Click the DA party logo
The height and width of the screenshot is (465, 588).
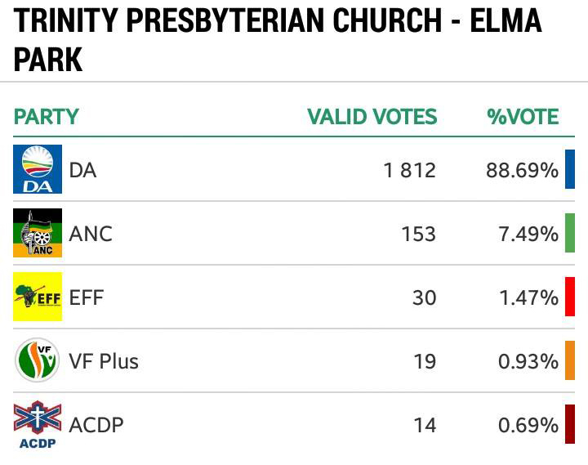point(38,169)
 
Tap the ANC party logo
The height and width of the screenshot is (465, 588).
point(38,233)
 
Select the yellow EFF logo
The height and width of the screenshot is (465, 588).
point(38,297)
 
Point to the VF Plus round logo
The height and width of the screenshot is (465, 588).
point(37,360)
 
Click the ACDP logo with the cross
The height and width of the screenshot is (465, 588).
point(38,424)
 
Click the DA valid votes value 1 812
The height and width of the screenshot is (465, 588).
point(409,170)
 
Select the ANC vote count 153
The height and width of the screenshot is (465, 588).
point(418,235)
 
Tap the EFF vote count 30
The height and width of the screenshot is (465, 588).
point(424,298)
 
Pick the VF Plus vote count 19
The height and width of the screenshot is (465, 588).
point(425,362)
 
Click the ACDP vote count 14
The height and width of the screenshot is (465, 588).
point(425,426)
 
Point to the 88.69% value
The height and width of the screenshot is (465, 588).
point(522,170)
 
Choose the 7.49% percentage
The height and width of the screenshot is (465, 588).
point(528,235)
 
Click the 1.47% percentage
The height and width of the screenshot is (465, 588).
point(528,298)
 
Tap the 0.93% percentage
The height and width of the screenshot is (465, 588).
point(528,362)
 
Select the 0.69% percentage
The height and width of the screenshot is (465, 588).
point(528,426)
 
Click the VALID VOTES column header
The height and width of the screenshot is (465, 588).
point(372,116)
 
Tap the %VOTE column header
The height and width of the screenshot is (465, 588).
point(523,116)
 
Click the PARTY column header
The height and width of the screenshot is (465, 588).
point(46,116)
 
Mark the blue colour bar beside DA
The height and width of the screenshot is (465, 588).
point(570,169)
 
